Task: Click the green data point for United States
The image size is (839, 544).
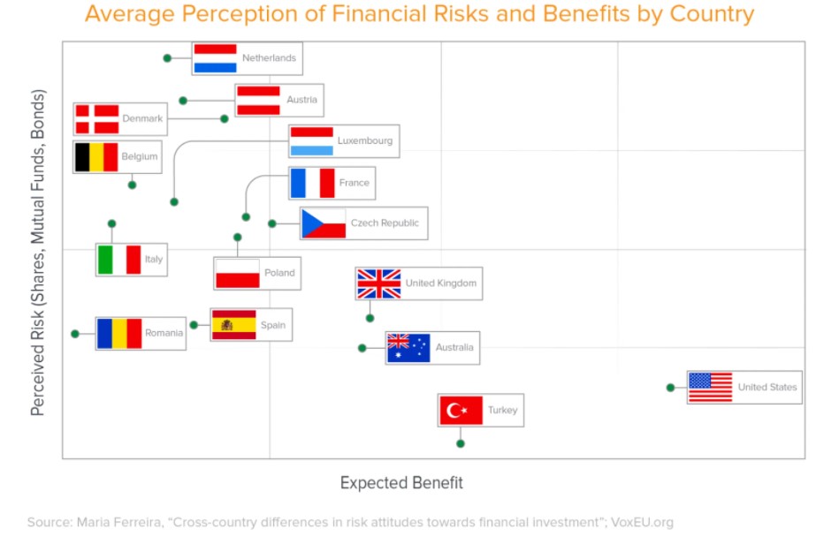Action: [670, 388]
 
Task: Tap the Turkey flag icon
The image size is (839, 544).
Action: [461, 410]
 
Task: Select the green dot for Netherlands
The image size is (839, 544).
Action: [167, 57]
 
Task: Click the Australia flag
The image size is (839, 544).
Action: [408, 348]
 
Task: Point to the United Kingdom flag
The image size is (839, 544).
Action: [379, 283]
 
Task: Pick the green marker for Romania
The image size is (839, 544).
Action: [75, 334]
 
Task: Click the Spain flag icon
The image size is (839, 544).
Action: [233, 325]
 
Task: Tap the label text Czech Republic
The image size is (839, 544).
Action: [385, 223]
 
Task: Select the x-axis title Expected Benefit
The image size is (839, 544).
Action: [401, 482]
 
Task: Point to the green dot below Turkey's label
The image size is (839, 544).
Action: [460, 443]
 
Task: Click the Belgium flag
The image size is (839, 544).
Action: [96, 157]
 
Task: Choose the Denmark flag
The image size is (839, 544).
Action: [97, 118]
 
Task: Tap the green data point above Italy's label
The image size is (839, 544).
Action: [111, 223]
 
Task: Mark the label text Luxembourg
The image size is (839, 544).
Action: [365, 140]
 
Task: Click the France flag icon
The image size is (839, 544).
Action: [312, 184]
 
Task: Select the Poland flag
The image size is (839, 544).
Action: [237, 274]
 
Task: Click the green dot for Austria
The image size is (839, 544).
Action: [183, 101]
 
